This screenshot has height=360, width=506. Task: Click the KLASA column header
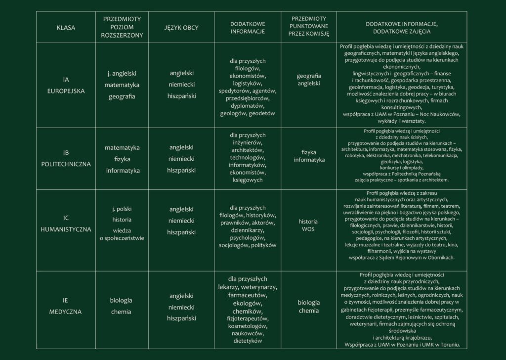click(x=66, y=28)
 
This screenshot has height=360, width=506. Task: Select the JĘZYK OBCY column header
click(x=181, y=28)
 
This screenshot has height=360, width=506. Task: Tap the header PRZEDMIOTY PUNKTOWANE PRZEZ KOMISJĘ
click(x=309, y=28)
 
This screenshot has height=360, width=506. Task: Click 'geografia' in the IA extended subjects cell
click(x=122, y=96)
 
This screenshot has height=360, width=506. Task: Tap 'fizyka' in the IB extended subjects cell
click(x=122, y=159)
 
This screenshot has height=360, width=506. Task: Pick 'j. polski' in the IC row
click(x=122, y=209)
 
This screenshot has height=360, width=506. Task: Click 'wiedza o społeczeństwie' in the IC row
click(x=122, y=234)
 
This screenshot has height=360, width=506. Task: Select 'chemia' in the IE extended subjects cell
click(x=121, y=312)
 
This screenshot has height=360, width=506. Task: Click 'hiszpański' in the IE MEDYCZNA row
click(x=181, y=318)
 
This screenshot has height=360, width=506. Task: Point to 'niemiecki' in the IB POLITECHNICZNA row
click(x=181, y=159)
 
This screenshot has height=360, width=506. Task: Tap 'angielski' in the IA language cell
click(x=181, y=73)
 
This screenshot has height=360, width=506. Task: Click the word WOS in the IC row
click(x=308, y=229)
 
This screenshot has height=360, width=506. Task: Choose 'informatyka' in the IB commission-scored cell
click(x=309, y=160)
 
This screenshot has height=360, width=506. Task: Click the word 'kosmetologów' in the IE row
click(x=248, y=325)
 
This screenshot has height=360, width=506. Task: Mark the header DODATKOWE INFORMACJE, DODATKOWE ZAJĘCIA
click(x=402, y=28)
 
